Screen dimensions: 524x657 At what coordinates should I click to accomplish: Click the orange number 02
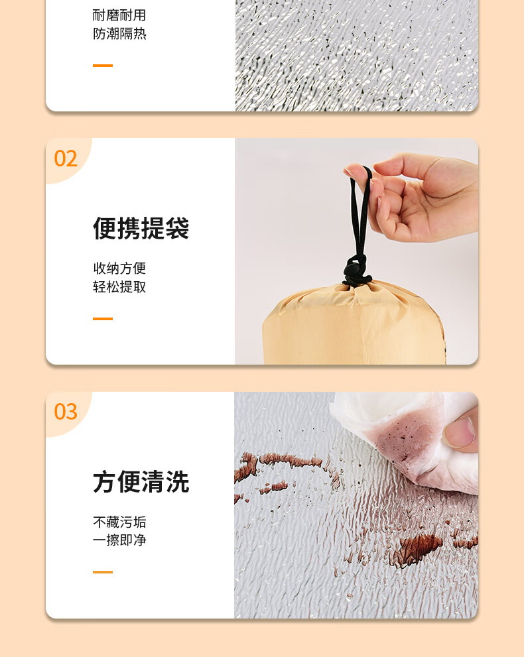[x=66, y=158]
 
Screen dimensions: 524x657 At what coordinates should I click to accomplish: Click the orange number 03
[x=66, y=412]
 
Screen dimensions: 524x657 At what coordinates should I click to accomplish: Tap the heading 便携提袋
[x=141, y=228]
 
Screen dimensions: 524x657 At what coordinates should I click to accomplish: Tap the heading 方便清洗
[x=141, y=481]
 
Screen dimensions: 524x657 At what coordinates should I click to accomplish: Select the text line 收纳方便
[x=119, y=268]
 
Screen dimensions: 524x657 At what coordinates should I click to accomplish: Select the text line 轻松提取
[x=119, y=287]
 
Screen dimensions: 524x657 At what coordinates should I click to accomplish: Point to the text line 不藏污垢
[x=119, y=522]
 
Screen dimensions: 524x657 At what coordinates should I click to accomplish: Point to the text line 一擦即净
[x=119, y=540]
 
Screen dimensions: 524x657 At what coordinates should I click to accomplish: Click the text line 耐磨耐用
[x=119, y=15]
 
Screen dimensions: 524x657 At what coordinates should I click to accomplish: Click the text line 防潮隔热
[x=119, y=34]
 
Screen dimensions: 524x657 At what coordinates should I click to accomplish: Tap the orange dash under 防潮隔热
[x=103, y=66]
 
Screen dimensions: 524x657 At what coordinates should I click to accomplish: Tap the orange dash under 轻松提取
[x=103, y=319]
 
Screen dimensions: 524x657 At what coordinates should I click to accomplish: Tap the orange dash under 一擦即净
[x=103, y=572]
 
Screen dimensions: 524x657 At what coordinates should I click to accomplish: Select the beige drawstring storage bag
[x=354, y=323]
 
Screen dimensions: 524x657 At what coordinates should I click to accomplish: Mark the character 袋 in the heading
[x=177, y=228]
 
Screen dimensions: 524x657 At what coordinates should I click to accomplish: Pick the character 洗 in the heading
[x=177, y=481]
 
